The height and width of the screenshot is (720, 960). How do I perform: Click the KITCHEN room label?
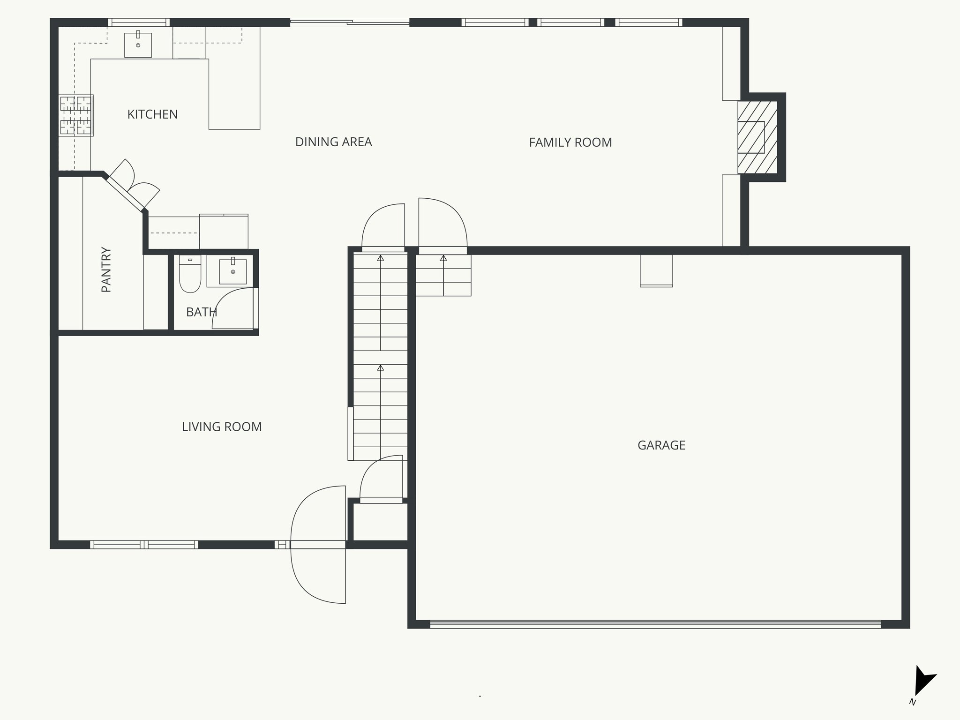[152, 114]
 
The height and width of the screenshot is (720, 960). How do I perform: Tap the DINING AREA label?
[333, 142]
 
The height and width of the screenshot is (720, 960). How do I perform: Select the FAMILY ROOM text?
[570, 142]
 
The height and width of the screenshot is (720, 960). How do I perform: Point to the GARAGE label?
[661, 445]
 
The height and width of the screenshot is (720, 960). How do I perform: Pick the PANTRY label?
[106, 270]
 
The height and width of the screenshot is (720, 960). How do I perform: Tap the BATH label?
[201, 312]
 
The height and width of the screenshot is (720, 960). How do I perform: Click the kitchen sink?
[138, 45]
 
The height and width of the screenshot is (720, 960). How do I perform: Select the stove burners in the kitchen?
[75, 115]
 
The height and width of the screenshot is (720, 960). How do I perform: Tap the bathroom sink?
[232, 271]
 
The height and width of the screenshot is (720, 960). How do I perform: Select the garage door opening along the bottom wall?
[655, 624]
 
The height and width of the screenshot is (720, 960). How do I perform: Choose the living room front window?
[144, 544]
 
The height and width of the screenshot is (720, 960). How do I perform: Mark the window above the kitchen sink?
[139, 22]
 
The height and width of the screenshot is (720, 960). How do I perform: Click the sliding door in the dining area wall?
[349, 22]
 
